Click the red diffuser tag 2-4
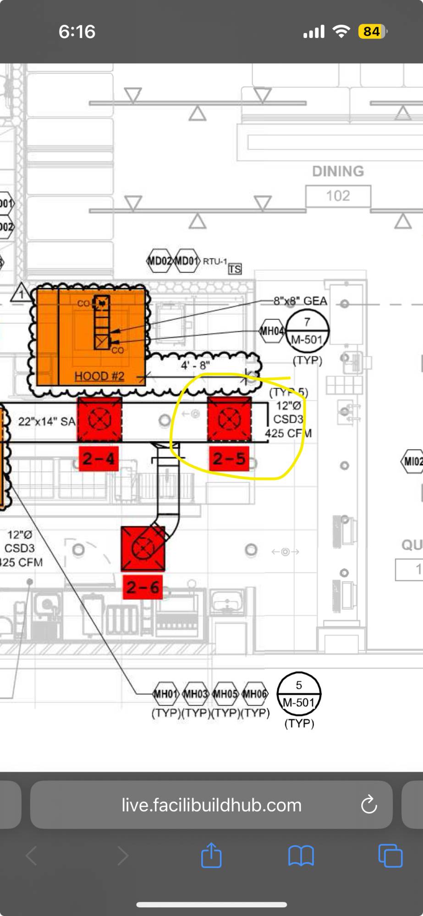99,458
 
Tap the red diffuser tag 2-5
229,458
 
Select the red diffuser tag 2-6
143,587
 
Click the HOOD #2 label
99,376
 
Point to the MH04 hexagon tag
272,331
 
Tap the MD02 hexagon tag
159,261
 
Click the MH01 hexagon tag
166,694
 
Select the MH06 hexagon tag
255,694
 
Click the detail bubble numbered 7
307,330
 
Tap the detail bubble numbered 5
299,694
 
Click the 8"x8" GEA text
300,301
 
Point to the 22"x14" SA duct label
46,421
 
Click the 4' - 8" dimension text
195,365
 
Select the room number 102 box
338,196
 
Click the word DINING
338,171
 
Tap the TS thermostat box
235,269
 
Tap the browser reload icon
368,805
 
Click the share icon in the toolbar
211,855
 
